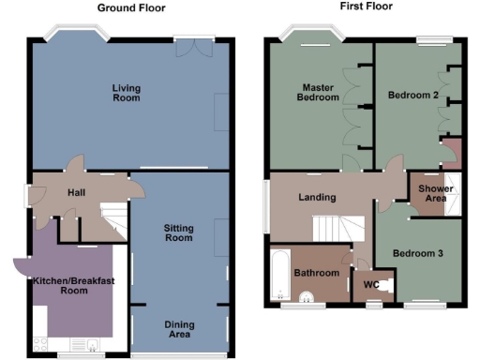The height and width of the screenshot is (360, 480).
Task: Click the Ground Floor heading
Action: coord(131,7)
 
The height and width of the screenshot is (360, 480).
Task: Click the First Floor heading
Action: coord(367,7)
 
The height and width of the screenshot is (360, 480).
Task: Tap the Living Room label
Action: coord(126,93)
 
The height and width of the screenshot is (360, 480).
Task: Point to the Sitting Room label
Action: coord(178,233)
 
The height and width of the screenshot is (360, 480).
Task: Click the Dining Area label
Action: coord(178,329)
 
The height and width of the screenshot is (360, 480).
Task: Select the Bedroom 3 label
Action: coord(418,253)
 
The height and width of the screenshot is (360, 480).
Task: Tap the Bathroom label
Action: coord(316,273)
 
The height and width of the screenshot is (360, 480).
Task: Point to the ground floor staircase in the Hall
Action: coord(113,221)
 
